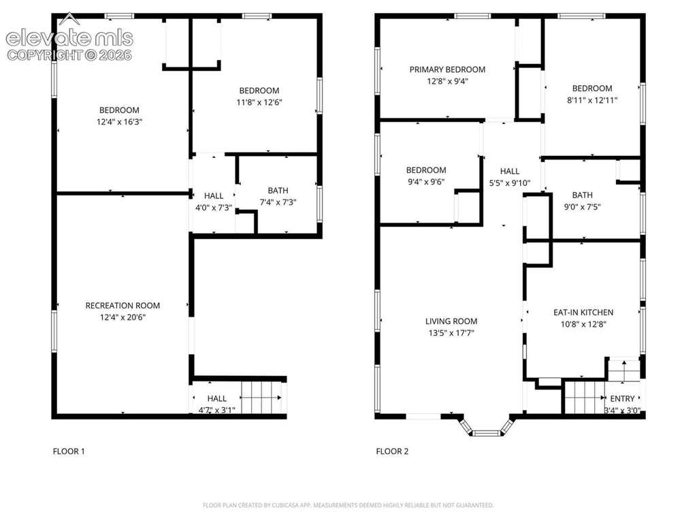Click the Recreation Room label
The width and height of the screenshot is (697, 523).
pos(123,306)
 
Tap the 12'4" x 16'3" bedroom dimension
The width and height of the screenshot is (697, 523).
pos(119,122)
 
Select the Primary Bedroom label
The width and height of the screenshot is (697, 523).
pos(447,69)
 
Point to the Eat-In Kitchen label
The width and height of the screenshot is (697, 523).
pos(583,312)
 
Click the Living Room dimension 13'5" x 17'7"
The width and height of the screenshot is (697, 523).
pos(451,333)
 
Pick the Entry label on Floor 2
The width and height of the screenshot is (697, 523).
pos(622,398)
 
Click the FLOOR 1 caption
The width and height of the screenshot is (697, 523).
pos(69,451)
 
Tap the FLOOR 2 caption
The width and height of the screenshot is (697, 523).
pos(392,451)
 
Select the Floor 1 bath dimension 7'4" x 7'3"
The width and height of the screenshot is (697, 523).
pos(278,202)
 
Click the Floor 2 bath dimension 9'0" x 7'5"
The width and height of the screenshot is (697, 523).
pos(583,207)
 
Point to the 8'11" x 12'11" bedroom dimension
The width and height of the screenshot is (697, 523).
pos(592,101)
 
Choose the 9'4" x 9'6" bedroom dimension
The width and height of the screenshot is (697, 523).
pos(426,182)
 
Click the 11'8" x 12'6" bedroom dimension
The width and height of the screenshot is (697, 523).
pos(259,102)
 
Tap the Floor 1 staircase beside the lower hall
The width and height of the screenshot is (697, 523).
pos(261,398)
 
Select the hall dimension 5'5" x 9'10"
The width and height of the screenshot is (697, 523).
pos(509,183)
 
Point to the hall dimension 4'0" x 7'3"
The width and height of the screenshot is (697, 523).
pos(214,208)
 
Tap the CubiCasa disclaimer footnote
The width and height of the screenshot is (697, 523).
pos(348,505)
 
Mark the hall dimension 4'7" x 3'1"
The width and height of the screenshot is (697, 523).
pos(217,410)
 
